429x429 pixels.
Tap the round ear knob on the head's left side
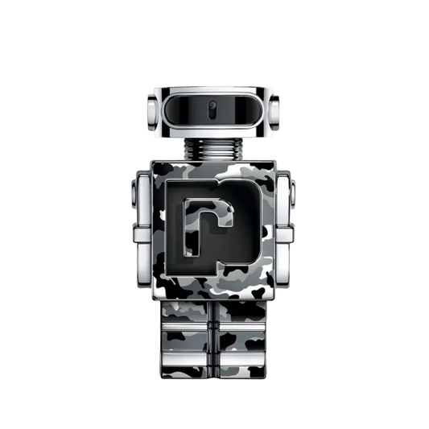[149, 111]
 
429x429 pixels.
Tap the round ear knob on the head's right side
[279, 111]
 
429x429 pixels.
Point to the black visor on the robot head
[214, 109]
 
